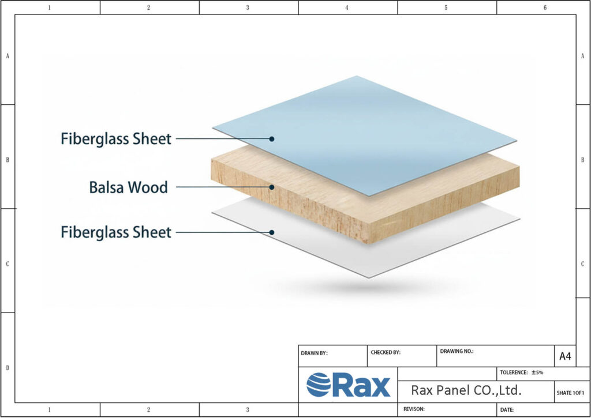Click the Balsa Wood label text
[x=128, y=187]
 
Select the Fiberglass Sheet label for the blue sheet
[x=116, y=138]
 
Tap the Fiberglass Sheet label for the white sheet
[x=116, y=232]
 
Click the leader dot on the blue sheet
[x=271, y=138]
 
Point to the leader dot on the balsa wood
[x=271, y=187]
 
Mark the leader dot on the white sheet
[x=271, y=232]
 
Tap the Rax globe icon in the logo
[x=318, y=385]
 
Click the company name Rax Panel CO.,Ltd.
[x=466, y=390]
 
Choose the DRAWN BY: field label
[x=314, y=353]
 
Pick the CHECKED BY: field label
[x=385, y=352]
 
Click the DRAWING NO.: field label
[x=457, y=351]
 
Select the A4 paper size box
[x=565, y=356]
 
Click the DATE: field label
[x=507, y=409]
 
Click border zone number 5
[x=446, y=7]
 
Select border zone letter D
[x=7, y=367]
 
